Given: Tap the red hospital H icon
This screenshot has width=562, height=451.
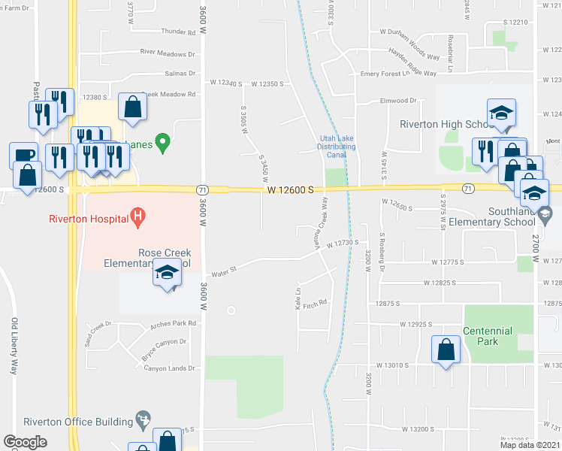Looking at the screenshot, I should [137, 219].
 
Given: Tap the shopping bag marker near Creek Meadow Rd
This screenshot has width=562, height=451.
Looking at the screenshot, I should [132, 107].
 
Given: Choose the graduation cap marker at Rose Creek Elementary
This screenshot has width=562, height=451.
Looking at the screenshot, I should [168, 273].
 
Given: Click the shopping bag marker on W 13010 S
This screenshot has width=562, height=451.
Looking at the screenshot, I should [446, 350].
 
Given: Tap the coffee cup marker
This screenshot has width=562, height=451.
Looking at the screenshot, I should [24, 155].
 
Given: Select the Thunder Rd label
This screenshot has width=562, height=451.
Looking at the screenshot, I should [178, 32].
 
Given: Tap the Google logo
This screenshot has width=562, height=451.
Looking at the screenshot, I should [25, 442].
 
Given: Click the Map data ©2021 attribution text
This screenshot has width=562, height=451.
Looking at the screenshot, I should [529, 445].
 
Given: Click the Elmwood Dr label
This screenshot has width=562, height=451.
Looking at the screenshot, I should [398, 100].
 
